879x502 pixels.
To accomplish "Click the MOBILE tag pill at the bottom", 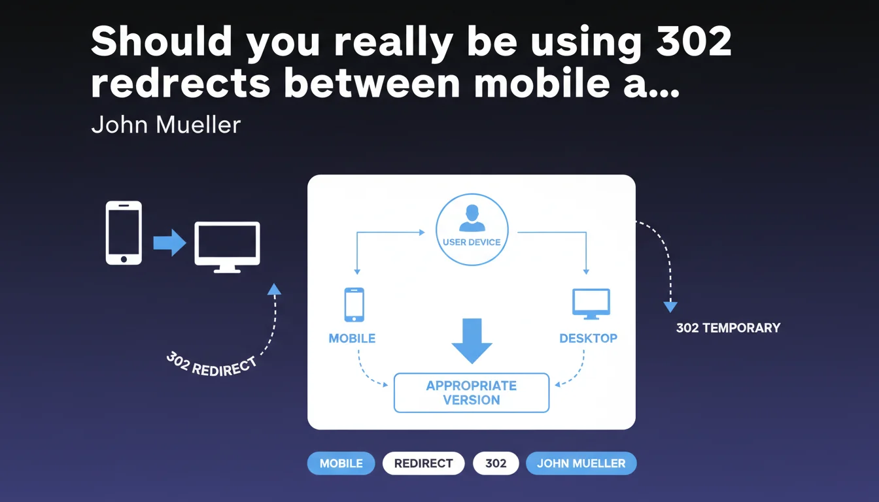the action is (341, 463).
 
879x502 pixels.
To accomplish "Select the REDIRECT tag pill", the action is (423, 463).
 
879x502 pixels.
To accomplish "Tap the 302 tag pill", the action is (496, 463).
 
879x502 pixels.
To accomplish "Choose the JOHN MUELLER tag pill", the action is (581, 463).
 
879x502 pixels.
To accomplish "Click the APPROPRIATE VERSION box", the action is (472, 393).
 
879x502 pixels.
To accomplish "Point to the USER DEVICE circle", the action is (472, 229).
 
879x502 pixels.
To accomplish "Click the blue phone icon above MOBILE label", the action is (354, 305).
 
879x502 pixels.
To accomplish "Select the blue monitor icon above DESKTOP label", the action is (591, 304).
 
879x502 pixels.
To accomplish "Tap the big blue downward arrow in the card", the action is (472, 341).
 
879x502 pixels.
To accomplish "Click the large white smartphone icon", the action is (124, 233).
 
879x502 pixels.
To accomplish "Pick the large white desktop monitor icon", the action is (227, 247).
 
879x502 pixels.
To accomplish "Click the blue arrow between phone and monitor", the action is (169, 243).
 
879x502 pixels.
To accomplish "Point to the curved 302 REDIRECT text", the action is (211, 365).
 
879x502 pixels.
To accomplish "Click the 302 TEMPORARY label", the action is (729, 328).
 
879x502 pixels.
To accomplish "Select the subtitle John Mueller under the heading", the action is (166, 125).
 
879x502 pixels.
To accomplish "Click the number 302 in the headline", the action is (694, 41).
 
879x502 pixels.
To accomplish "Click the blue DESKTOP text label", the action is (588, 338).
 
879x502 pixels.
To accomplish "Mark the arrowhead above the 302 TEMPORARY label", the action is (670, 307).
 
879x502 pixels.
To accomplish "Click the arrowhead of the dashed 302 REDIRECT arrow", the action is (274, 290).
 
